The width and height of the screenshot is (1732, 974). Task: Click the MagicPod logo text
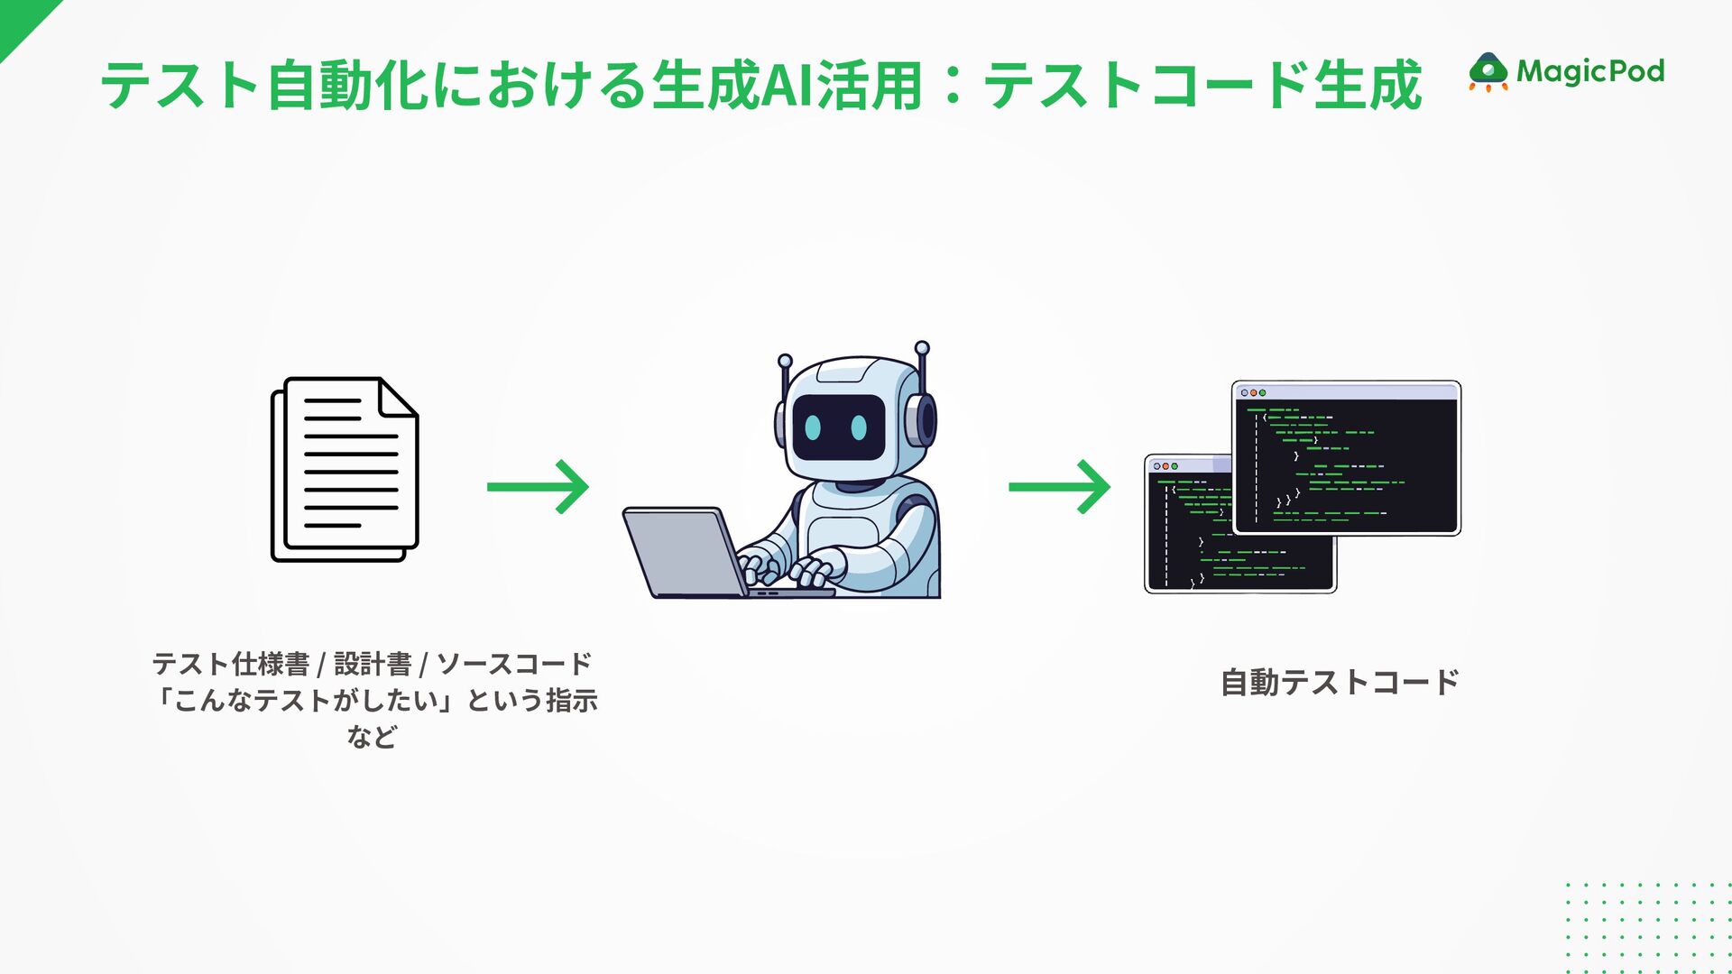[x=1589, y=71]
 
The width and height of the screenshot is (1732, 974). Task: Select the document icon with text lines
[x=345, y=469]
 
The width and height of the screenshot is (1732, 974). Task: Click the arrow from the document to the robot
[x=538, y=487]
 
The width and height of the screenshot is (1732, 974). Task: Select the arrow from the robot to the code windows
[x=1059, y=487]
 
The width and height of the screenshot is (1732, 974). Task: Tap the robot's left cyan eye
[x=814, y=427]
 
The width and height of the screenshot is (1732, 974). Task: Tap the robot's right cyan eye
[x=860, y=427]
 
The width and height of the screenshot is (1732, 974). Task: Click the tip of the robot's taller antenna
[x=922, y=347]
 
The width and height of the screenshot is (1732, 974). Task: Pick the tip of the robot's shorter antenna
[x=785, y=360]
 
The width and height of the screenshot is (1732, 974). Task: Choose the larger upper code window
[x=1346, y=458]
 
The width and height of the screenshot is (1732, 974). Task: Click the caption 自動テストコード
[x=1339, y=683]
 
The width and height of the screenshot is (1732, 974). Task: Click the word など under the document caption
[x=372, y=737]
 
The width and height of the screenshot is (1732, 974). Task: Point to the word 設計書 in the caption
[x=373, y=665]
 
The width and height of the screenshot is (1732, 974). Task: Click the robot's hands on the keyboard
[x=785, y=568]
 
